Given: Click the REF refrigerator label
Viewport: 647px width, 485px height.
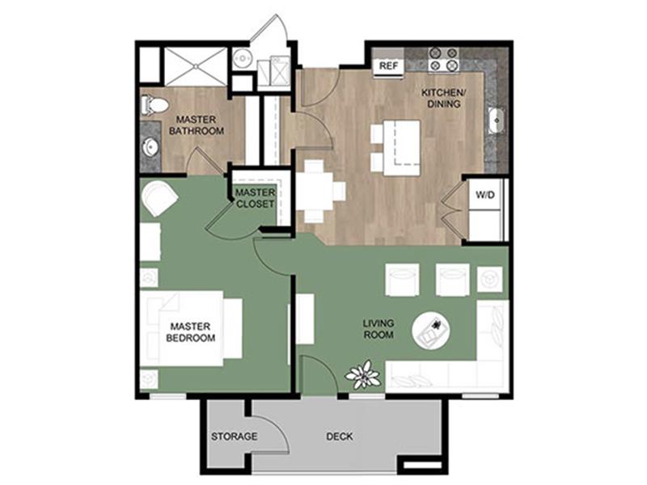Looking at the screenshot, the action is pyautogui.click(x=389, y=66).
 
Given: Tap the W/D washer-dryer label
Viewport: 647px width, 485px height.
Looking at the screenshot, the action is pyautogui.click(x=484, y=195).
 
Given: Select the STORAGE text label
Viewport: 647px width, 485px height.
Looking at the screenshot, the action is pyautogui.click(x=234, y=436).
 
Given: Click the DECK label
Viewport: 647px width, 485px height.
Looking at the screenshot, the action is pyautogui.click(x=339, y=436).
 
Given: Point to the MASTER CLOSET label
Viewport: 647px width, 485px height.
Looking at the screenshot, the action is pyautogui.click(x=255, y=198).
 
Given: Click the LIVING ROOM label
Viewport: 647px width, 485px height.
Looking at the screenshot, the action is pyautogui.click(x=378, y=329).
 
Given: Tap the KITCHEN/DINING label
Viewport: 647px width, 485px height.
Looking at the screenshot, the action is pyautogui.click(x=443, y=98).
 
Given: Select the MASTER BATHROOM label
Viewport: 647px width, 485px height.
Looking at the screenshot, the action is pyautogui.click(x=197, y=125).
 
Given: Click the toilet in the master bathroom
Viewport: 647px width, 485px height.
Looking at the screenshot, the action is pyautogui.click(x=154, y=105).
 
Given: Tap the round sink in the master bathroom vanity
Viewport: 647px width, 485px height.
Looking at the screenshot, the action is pyautogui.click(x=151, y=147).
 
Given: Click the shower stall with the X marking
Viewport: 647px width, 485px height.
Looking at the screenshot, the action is pyautogui.click(x=196, y=66).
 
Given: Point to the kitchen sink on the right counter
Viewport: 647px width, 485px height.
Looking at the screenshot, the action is pyautogui.click(x=497, y=120).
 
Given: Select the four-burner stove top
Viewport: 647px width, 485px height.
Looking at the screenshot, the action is pyautogui.click(x=444, y=59).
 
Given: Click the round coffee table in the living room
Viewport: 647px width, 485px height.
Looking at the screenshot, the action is pyautogui.click(x=431, y=330).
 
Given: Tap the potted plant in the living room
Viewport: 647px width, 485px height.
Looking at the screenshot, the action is pyautogui.click(x=363, y=374).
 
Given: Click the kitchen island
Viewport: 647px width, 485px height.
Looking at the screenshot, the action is pyautogui.click(x=401, y=148).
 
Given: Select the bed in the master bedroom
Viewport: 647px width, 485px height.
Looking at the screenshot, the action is pyautogui.click(x=191, y=329).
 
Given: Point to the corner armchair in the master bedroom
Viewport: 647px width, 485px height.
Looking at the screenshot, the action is pyautogui.click(x=159, y=198).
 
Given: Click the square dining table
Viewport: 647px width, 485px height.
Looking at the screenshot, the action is pyautogui.click(x=315, y=192).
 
